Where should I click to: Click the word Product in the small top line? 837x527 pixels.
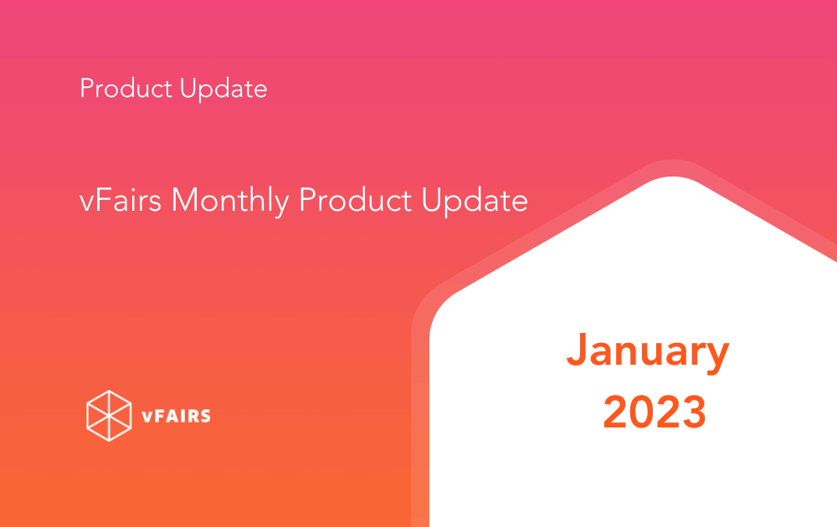[126, 88]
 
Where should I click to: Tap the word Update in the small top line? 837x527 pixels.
[223, 89]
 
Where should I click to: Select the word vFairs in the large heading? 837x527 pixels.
[120, 200]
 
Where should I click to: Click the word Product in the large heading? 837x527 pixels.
[356, 200]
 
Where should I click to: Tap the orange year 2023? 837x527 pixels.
[655, 412]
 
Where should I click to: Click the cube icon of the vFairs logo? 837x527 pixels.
[109, 416]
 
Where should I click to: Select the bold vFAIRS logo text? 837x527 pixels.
[176, 416]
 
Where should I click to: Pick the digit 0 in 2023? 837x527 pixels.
[642, 412]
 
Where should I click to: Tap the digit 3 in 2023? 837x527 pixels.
[693, 412]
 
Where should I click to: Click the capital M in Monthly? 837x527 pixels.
[185, 200]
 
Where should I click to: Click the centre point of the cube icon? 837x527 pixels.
[109, 416]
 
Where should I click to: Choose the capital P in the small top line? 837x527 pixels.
[87, 89]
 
